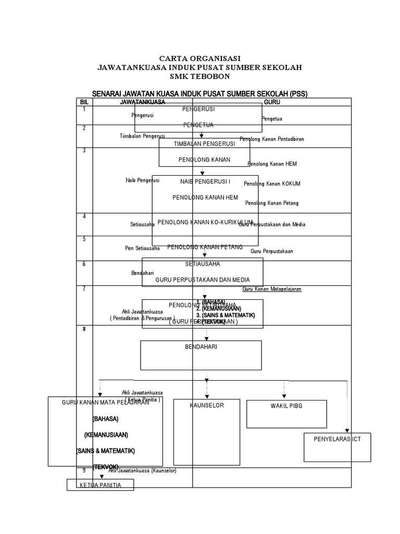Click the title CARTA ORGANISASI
pos(200,58)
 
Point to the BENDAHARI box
pos(201,355)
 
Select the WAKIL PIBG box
pos(286,413)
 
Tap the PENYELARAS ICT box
pos(337,447)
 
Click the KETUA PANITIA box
pos(100,485)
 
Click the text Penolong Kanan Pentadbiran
pos(272,139)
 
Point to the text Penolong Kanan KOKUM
pos(272,184)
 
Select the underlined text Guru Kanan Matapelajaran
pos(272,289)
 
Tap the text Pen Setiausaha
pos(142,248)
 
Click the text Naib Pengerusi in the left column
pos(142,180)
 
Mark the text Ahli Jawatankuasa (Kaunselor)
pos(143,471)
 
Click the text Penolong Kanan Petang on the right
pos(272,203)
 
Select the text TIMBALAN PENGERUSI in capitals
pos(205,143)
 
